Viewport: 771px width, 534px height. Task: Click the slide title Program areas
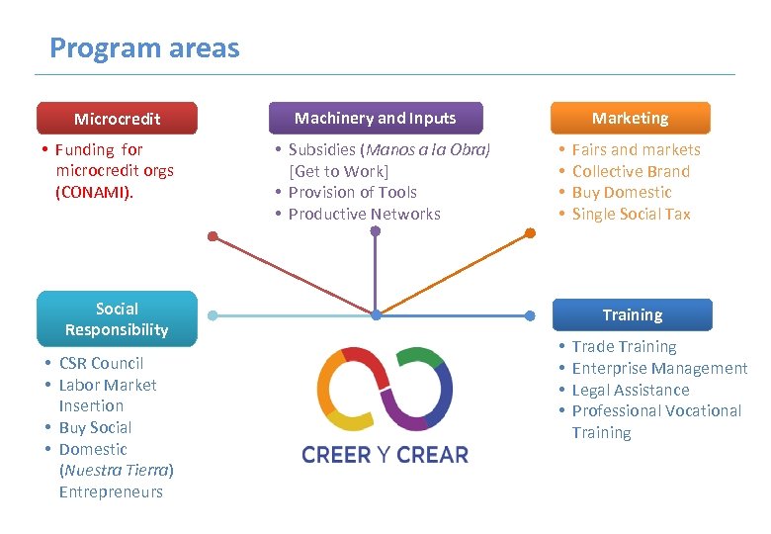click(x=144, y=47)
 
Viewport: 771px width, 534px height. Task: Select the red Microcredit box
click(x=117, y=119)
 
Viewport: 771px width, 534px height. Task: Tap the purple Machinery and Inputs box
click(x=376, y=118)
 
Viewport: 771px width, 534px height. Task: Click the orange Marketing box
click(x=631, y=118)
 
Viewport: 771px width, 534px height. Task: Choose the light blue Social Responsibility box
click(x=117, y=319)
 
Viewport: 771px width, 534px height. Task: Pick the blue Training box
click(x=632, y=315)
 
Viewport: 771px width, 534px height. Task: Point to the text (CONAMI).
click(x=94, y=192)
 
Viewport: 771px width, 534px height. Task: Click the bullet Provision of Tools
click(x=352, y=192)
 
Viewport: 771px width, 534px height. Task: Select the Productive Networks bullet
click(x=364, y=214)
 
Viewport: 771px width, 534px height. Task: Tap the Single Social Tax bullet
click(x=631, y=214)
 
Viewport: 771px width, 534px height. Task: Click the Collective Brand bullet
click(x=631, y=171)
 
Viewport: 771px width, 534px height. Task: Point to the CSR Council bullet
click(x=101, y=363)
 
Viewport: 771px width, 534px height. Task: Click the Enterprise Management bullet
click(x=659, y=368)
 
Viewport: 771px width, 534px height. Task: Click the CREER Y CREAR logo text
click(x=385, y=455)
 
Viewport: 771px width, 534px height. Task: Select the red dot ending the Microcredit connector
click(x=213, y=235)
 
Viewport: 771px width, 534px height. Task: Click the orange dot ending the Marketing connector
click(x=530, y=233)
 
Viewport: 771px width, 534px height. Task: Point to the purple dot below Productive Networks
click(x=376, y=232)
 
